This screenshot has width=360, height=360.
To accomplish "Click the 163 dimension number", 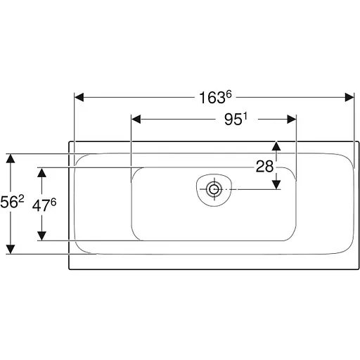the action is tap(212, 98).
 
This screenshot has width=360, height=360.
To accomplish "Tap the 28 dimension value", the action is tap(264, 167).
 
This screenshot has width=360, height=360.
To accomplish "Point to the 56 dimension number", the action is tap(8, 202).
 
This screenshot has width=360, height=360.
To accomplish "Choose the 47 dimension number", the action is tap(41, 206).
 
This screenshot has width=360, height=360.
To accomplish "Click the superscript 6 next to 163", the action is tap(229, 95).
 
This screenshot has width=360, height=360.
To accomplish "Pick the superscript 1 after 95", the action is tap(245, 116).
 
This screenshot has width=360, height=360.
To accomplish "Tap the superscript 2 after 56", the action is tap(21, 199).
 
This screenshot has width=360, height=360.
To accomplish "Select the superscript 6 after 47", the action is tap(53, 202).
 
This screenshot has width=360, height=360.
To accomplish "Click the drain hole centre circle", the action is tap(214, 189).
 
